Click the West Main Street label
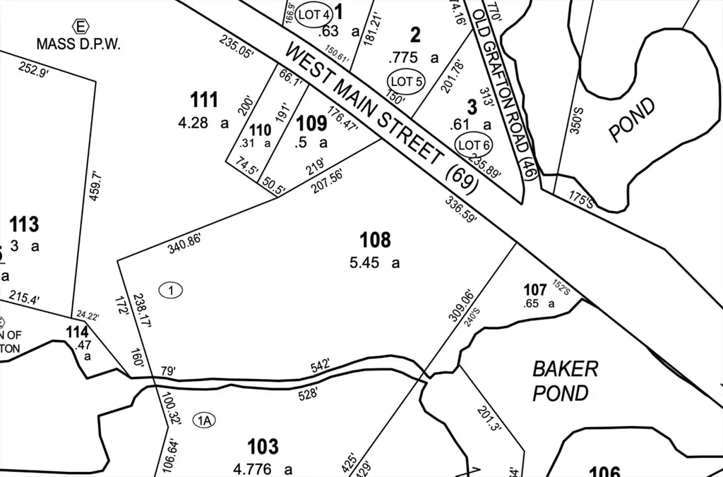click(x=381, y=116)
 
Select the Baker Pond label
click(x=566, y=380)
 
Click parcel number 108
click(x=375, y=241)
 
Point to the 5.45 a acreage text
click(x=375, y=263)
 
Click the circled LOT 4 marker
click(x=313, y=14)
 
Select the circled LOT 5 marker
click(x=405, y=82)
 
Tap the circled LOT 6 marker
click(x=474, y=145)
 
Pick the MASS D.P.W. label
click(x=79, y=44)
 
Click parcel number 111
click(x=205, y=100)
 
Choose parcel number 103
click(x=263, y=447)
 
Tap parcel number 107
click(x=535, y=290)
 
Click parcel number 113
click(x=24, y=225)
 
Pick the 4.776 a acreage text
click(x=263, y=469)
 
